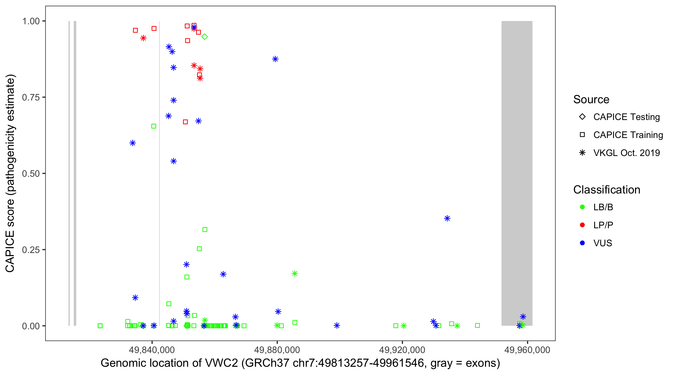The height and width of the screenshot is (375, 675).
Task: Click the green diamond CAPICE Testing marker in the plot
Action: coord(205,37)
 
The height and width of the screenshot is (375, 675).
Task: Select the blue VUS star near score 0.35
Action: coord(447,218)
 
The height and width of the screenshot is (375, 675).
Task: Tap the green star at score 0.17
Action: coord(294,273)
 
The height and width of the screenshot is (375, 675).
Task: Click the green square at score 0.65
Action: coord(154,126)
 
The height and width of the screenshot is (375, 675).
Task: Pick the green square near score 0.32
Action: coord(205,229)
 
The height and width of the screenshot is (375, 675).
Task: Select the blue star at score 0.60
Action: coord(132,143)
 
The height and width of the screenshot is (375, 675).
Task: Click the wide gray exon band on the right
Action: coord(517,173)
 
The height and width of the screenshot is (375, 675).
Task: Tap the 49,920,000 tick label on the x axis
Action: coord(402,350)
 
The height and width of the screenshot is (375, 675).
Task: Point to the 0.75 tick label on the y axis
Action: coord(31,97)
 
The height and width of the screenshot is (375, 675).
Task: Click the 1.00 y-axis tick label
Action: coord(31,21)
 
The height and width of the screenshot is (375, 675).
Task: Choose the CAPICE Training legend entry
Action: coord(628,135)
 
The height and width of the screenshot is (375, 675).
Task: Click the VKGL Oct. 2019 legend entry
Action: coord(626,153)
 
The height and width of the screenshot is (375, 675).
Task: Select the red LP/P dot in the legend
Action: coord(582,225)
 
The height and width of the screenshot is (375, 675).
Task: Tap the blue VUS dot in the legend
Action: coord(582,243)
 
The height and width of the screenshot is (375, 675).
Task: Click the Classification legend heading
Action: coord(606,190)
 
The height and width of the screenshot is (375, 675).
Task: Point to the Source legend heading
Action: coord(591,99)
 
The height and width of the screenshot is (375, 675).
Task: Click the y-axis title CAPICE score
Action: coord(10,173)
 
